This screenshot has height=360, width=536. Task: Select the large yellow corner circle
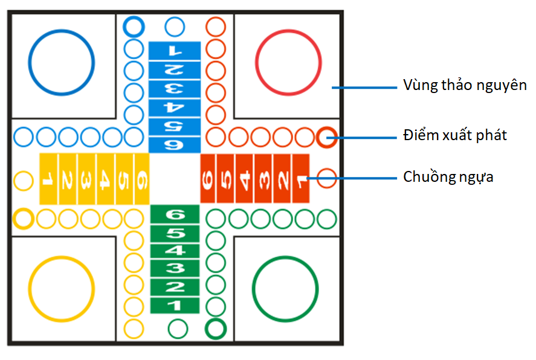62,288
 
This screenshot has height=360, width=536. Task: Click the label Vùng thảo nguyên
465,85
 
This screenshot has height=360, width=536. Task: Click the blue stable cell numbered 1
174,50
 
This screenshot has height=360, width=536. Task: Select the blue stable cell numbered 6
174,144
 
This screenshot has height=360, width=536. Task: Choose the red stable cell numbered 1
300,179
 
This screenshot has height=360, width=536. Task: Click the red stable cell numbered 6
208,179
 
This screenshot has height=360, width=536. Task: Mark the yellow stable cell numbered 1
48,179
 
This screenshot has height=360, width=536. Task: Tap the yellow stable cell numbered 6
142,179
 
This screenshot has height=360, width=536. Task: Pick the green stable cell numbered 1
174,305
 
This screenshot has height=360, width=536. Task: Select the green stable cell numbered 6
174,214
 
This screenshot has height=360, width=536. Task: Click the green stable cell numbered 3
174,268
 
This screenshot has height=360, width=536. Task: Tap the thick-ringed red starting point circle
327,137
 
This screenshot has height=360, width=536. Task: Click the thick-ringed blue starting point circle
133,26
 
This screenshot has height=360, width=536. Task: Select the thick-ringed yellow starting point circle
24,217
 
